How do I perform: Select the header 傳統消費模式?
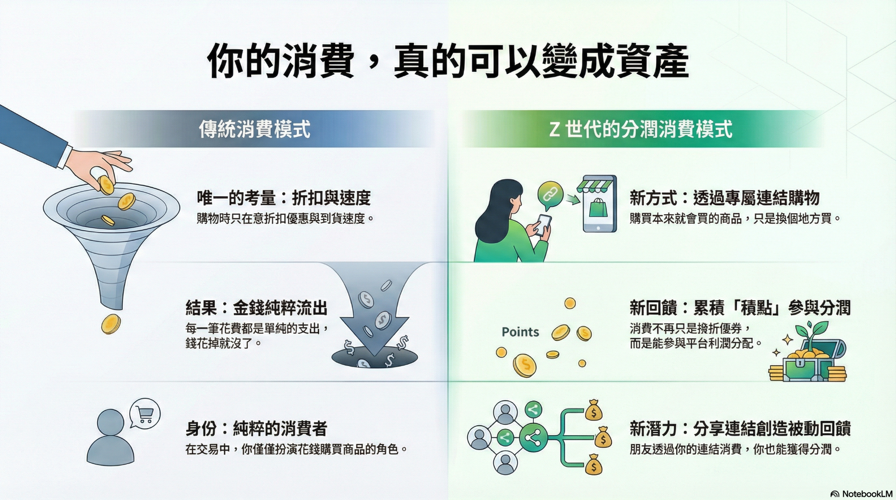(255, 129)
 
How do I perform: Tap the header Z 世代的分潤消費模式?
(641, 129)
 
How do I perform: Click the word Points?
(520, 332)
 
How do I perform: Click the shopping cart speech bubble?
(145, 413)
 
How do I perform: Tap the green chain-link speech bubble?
(550, 194)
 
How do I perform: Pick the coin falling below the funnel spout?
(111, 324)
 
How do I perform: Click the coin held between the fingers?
(106, 184)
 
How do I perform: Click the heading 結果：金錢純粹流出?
(257, 308)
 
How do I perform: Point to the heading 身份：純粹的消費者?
(257, 428)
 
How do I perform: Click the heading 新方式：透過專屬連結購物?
(725, 198)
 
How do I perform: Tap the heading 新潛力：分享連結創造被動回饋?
(740, 428)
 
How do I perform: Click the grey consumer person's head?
(111, 423)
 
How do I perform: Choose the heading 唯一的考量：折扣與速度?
(284, 198)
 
